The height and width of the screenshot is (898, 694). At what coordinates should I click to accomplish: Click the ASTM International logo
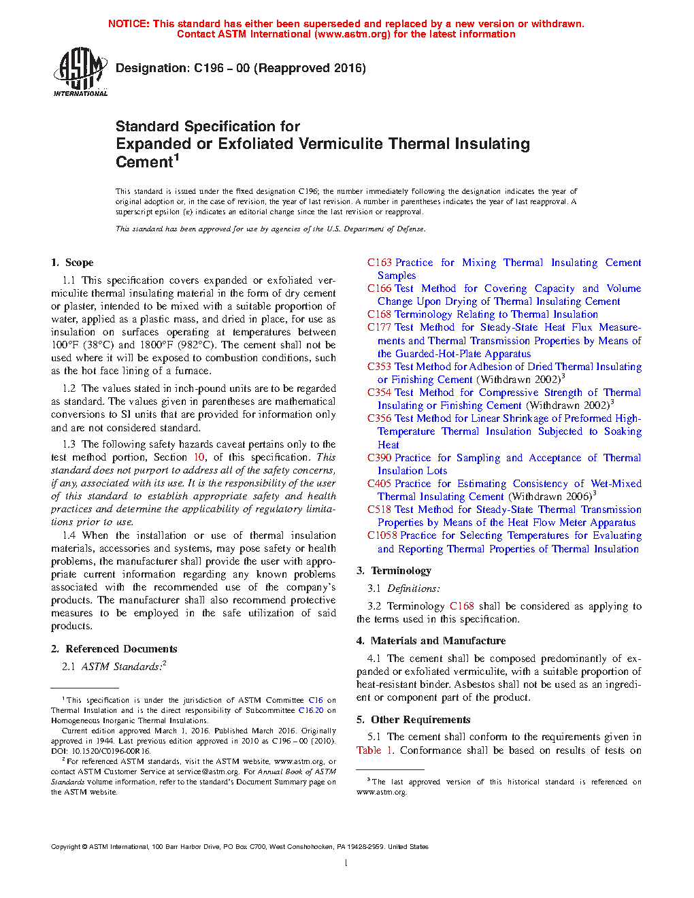click(80, 71)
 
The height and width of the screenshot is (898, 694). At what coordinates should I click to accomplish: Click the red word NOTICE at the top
click(128, 24)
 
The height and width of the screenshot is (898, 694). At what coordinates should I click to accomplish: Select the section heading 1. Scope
click(72, 263)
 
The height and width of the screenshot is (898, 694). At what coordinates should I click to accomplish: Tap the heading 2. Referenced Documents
click(114, 649)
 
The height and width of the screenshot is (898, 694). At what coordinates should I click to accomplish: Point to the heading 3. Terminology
click(394, 571)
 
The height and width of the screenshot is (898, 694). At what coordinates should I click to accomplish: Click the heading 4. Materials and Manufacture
click(431, 641)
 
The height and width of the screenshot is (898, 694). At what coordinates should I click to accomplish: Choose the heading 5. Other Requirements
click(414, 720)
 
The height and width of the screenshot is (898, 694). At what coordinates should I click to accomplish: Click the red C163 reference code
click(380, 263)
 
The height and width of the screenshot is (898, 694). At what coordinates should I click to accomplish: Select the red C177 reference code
click(380, 327)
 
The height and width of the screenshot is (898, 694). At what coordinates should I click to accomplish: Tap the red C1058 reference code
click(382, 535)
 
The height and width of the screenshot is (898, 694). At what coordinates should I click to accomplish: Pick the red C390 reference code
click(380, 458)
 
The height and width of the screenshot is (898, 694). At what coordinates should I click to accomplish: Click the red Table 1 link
click(375, 750)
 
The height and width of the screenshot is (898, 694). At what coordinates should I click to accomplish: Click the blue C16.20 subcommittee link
click(311, 710)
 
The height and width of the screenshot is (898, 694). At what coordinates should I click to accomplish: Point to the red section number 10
click(199, 457)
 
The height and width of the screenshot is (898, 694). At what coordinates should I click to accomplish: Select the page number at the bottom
click(346, 863)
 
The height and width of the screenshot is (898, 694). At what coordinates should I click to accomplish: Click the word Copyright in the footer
click(66, 847)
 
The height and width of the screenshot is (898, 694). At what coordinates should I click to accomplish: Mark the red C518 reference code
click(380, 510)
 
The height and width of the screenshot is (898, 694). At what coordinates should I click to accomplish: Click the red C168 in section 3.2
click(462, 606)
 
